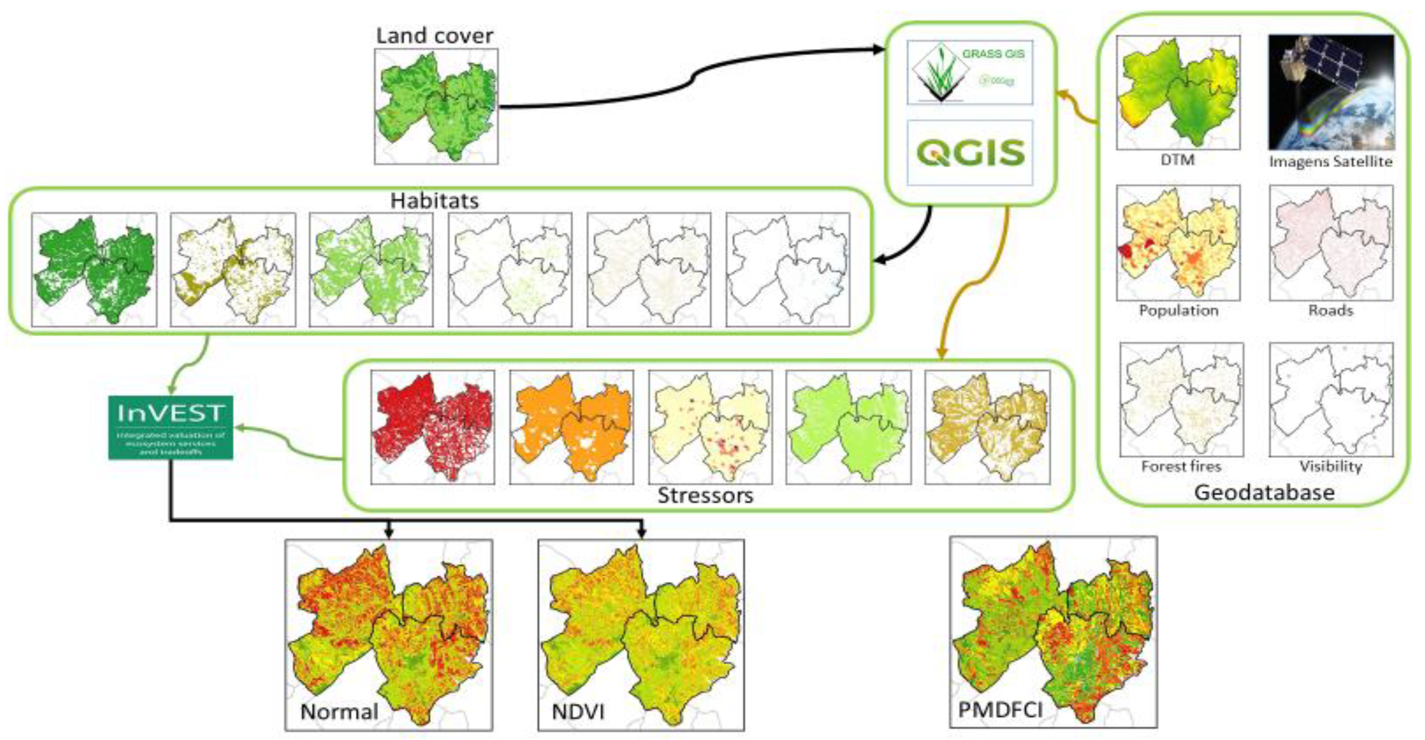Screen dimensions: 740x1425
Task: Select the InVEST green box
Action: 170,427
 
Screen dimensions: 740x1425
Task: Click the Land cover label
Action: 434,36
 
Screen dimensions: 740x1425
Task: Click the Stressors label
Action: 705,495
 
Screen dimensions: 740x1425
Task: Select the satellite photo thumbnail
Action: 1331,92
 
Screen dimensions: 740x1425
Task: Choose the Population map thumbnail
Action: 1178,243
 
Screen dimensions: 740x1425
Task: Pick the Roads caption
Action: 1331,310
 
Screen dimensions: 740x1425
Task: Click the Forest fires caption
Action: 1180,466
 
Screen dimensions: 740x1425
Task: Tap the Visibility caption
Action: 1331,466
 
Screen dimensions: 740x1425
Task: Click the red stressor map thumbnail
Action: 433,427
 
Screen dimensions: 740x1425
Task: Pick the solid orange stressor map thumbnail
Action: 572,427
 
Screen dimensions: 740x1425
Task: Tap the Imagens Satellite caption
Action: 1331,161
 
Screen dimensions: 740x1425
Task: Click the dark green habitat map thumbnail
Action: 94,270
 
